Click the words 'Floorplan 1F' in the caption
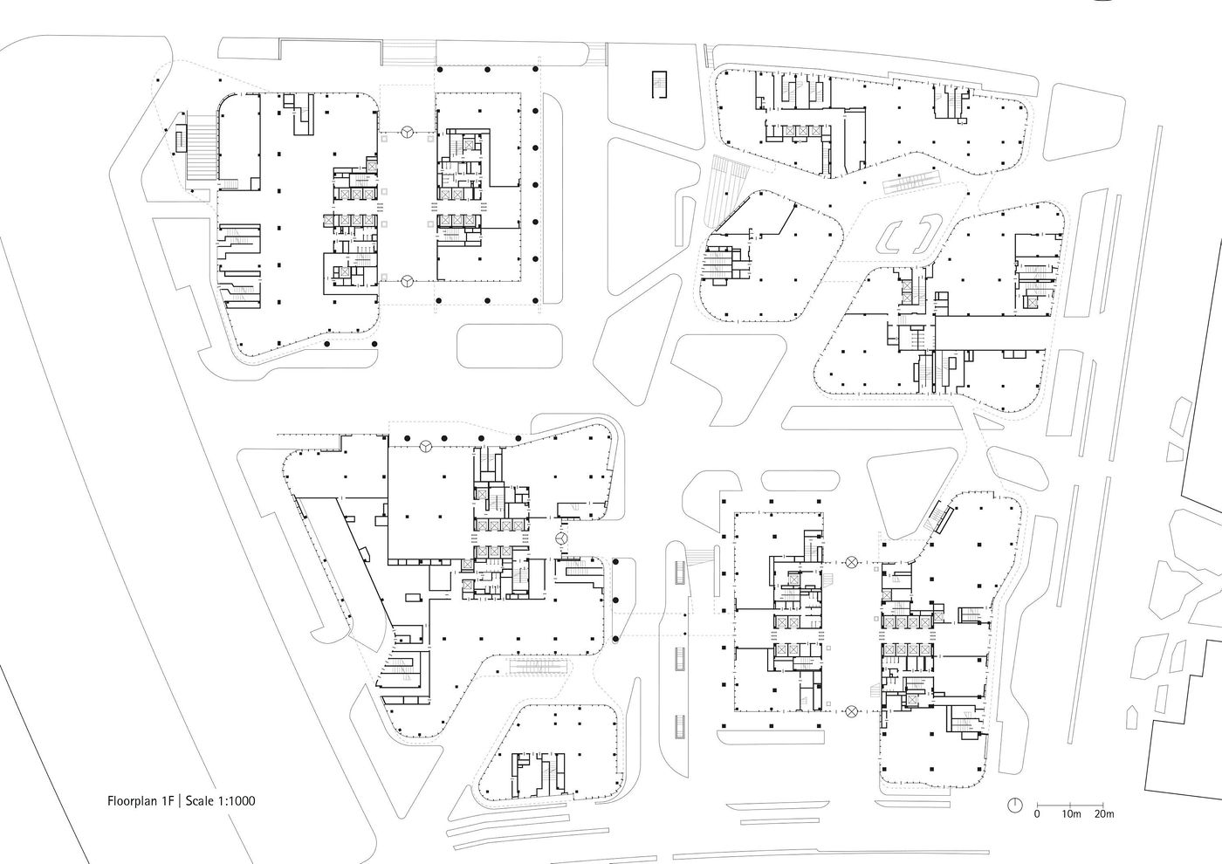tap(141, 799)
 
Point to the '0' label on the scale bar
tap(1037, 814)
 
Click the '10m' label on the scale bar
tap(1071, 814)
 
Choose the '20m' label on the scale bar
tap(1104, 814)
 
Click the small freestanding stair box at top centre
tap(657, 86)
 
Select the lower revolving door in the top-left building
tap(408, 281)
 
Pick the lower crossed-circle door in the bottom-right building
tap(852, 712)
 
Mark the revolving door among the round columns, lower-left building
tap(424, 446)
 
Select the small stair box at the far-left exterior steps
tap(181, 138)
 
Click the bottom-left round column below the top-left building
tap(326, 346)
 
